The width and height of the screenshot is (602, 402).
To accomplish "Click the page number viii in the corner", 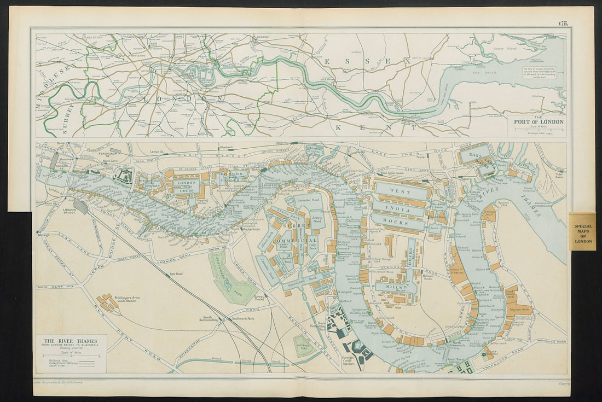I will [563, 22].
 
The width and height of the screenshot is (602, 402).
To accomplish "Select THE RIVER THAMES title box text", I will [70, 341].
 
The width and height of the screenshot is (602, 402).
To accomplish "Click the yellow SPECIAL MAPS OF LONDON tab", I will [583, 230].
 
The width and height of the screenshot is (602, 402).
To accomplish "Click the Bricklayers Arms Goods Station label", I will [127, 299].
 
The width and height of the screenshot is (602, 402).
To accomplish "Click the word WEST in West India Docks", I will [400, 191].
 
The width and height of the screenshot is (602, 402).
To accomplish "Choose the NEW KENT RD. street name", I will [50, 287].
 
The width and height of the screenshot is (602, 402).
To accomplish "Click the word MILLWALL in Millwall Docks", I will [395, 286].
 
